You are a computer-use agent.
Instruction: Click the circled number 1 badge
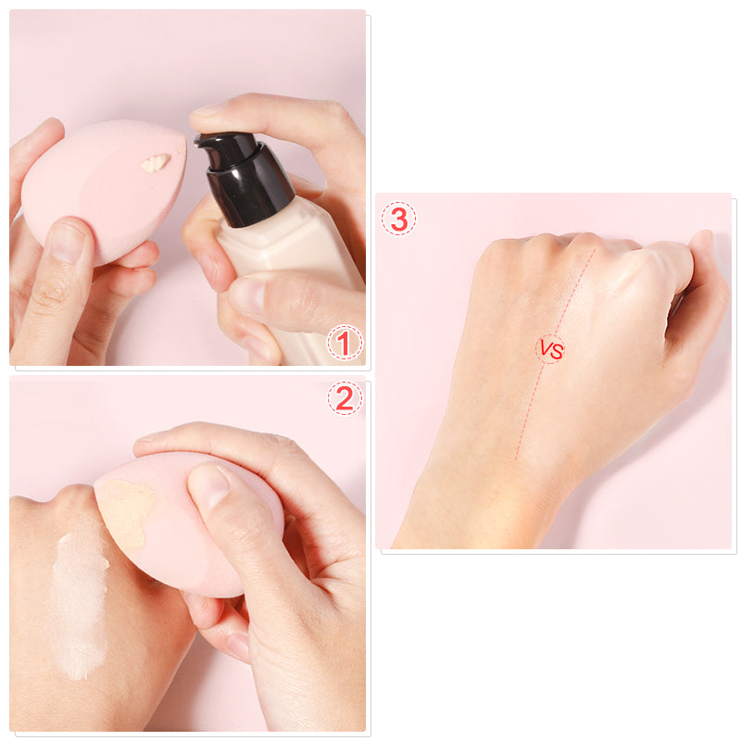(344, 345)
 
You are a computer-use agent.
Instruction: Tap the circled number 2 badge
(345, 398)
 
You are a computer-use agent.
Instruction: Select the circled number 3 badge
(398, 220)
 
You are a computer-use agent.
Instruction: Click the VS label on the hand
(551, 350)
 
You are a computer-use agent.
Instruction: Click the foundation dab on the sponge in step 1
(155, 163)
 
